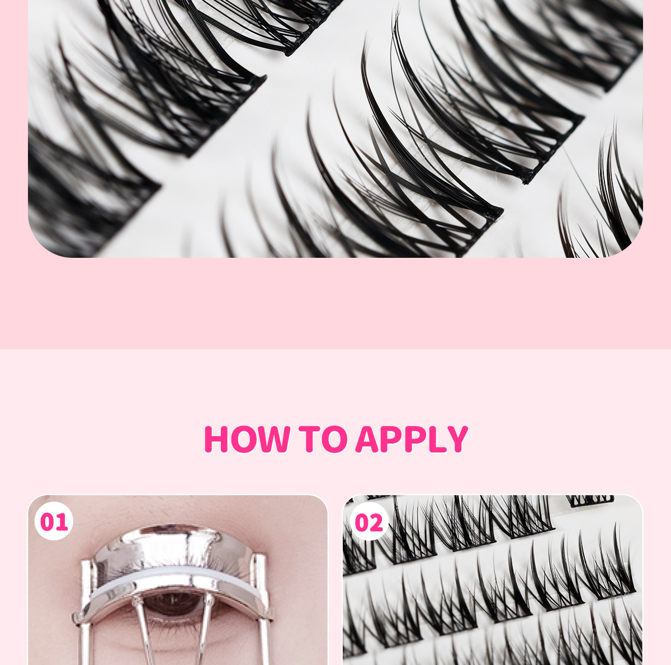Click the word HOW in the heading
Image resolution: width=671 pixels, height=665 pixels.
click(x=247, y=439)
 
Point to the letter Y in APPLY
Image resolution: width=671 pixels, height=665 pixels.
click(x=456, y=439)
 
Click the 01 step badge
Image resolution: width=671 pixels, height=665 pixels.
click(x=54, y=522)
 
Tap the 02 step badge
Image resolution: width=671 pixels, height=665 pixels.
click(x=369, y=523)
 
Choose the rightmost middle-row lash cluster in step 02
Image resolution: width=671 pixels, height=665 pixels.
click(x=609, y=570)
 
